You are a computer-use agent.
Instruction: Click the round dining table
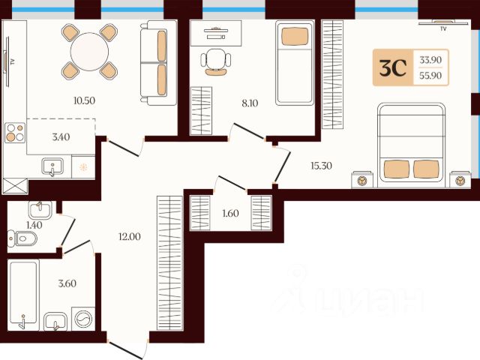89,52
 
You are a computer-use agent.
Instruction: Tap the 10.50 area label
84,100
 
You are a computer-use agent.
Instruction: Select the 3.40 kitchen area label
61,136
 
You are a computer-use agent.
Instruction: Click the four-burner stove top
15,133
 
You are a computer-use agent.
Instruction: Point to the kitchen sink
52,166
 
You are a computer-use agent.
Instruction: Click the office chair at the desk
216,61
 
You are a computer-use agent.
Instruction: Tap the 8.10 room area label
250,103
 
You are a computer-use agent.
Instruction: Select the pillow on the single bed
295,37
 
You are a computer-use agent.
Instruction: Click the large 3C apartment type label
393,67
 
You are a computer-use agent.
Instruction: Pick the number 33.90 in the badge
430,60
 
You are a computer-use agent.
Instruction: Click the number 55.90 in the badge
430,75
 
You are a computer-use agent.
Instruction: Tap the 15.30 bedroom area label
321,166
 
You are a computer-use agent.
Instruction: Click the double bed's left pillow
397,169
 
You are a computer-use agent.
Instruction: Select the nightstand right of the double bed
460,180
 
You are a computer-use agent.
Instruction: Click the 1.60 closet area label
230,213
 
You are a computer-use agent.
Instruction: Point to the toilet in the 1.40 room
22,238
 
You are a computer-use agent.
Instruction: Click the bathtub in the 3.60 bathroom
23,295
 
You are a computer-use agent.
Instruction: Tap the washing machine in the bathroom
83,319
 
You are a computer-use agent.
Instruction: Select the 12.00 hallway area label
130,236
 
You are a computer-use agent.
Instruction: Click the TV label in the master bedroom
443,28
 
